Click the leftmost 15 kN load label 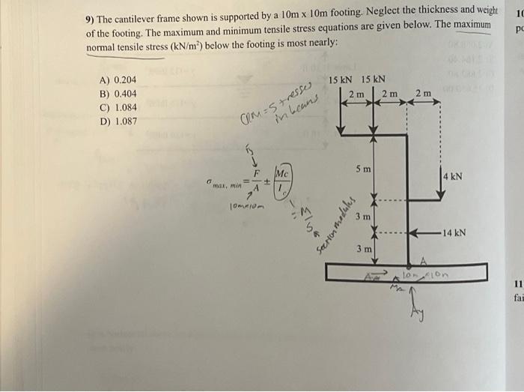(x=341, y=80)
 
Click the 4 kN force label (x=452, y=178)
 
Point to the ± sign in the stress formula (x=266, y=181)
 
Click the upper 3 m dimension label (x=363, y=217)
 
